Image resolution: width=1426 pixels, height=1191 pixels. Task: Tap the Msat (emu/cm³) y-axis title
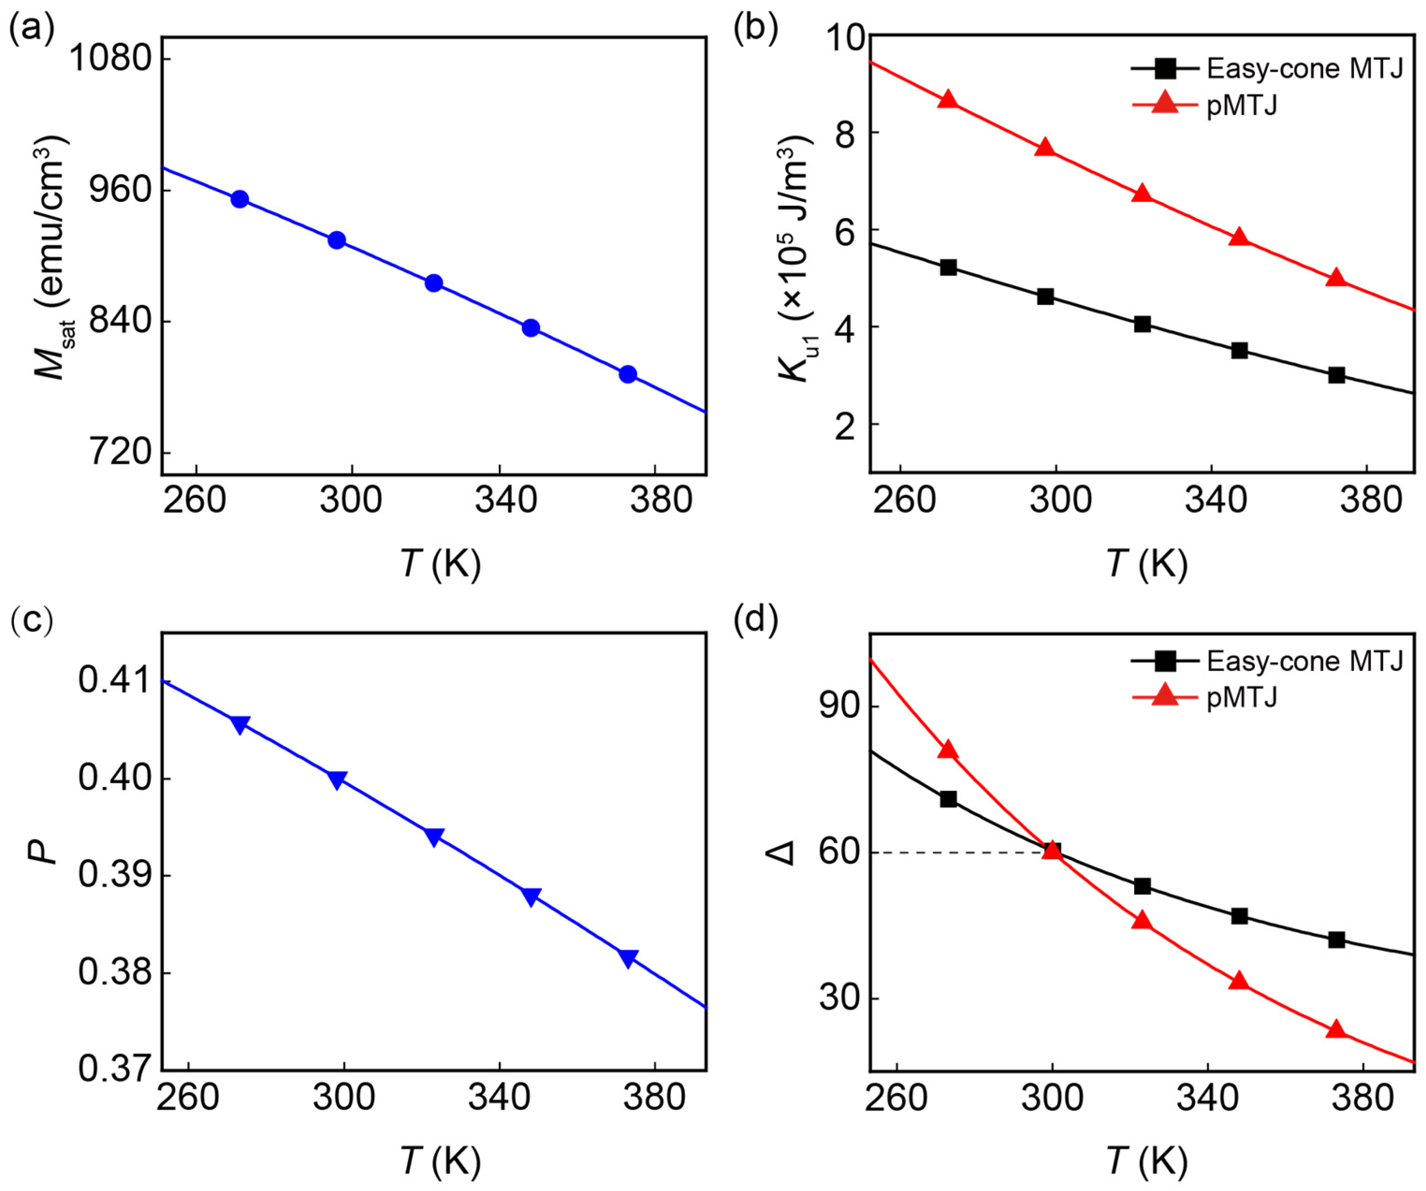(51, 258)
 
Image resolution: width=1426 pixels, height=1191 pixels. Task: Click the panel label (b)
(755, 30)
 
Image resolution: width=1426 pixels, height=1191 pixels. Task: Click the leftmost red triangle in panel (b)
(949, 99)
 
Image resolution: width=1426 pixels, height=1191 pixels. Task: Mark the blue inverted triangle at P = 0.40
(337, 779)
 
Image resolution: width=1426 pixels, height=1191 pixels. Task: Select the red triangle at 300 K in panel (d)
(1052, 850)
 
